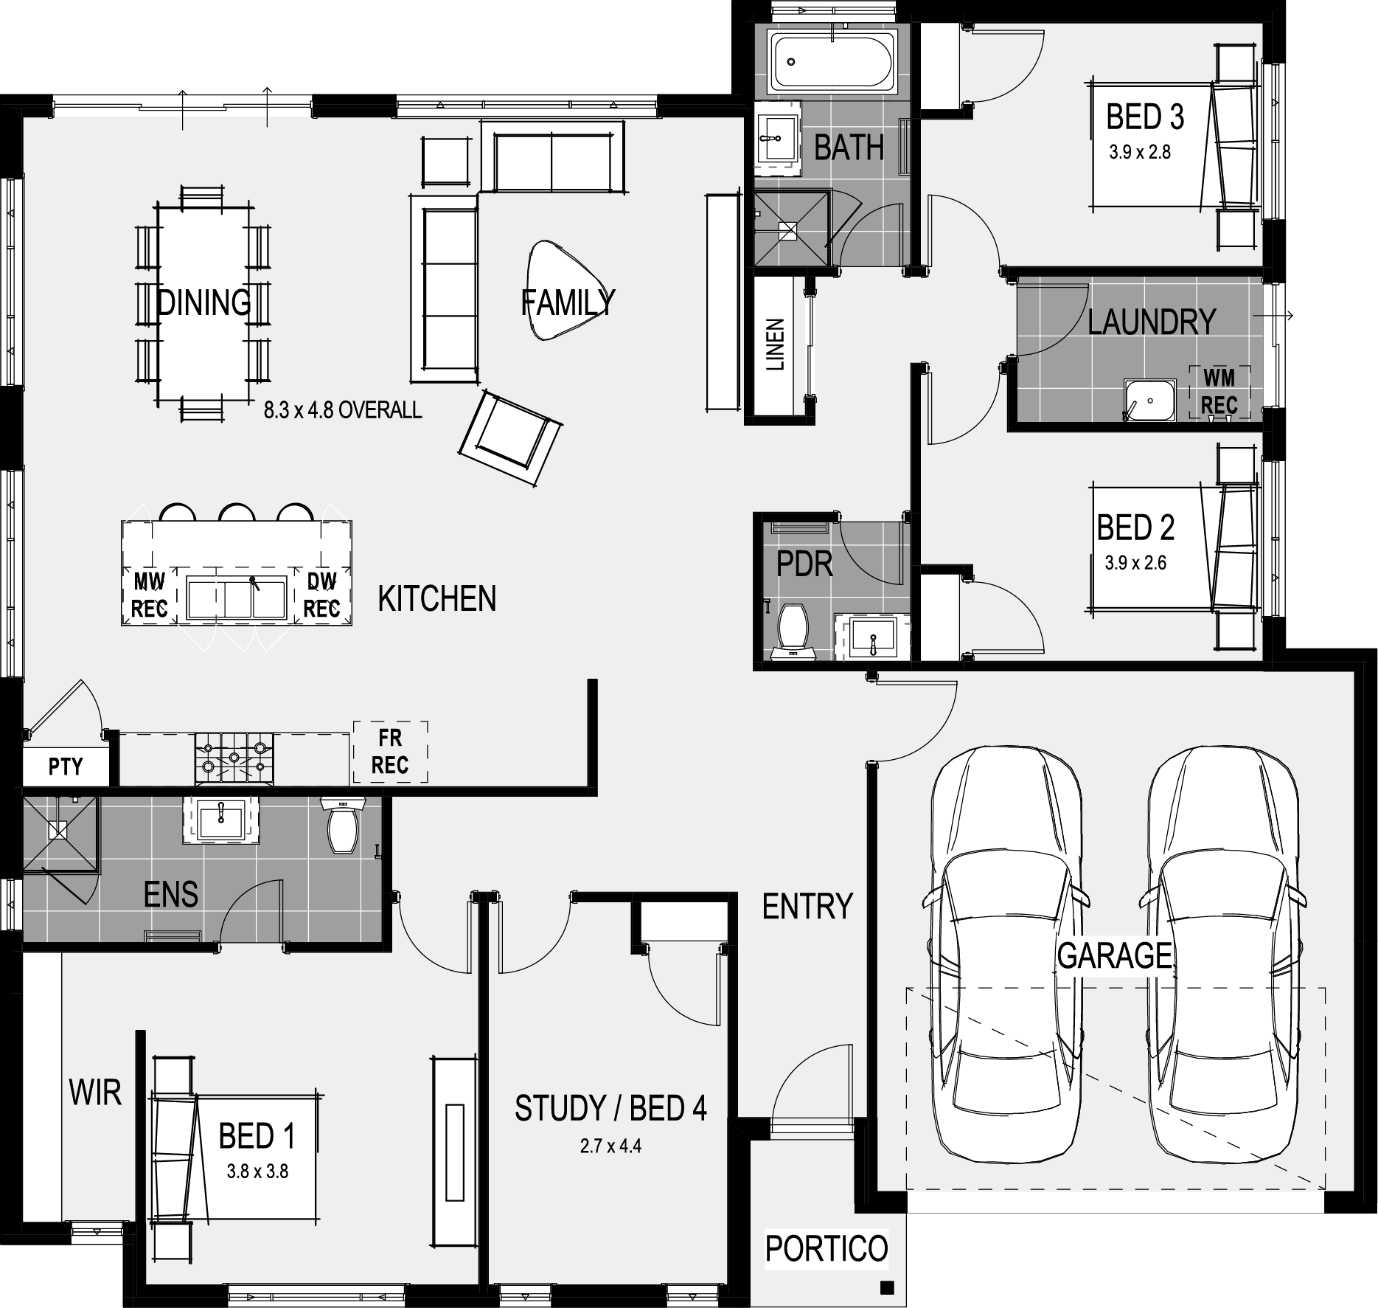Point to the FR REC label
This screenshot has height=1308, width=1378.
(390, 752)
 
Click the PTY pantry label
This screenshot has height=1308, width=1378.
(66, 767)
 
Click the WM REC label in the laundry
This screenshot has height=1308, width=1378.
(1219, 392)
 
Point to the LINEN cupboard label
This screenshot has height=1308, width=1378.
(776, 345)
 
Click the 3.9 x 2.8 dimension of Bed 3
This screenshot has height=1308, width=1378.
(1140, 153)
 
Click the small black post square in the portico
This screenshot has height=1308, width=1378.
(887, 1289)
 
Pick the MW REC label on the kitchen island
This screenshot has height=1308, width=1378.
(150, 596)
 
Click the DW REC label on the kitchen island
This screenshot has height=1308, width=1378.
(322, 596)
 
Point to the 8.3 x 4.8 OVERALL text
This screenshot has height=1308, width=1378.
(343, 410)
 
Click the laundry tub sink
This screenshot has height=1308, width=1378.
(1149, 401)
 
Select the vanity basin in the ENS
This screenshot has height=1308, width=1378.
(221, 819)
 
